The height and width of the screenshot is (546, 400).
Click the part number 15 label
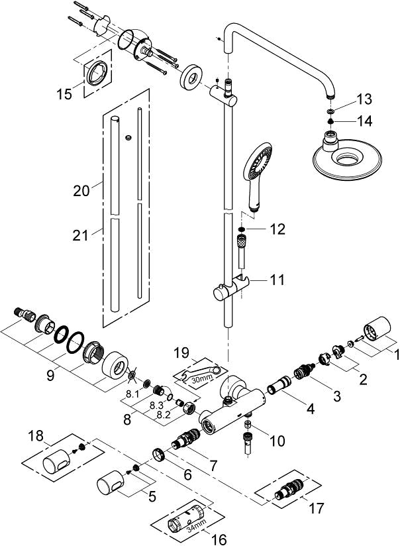pos(64,95)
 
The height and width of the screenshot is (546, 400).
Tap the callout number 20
pos(81,191)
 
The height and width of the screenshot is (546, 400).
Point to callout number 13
pos(364,99)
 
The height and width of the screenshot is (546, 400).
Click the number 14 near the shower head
pos(364,121)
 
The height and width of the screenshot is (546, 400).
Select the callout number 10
pos(276,440)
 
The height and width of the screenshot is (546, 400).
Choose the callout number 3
pos(336,396)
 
